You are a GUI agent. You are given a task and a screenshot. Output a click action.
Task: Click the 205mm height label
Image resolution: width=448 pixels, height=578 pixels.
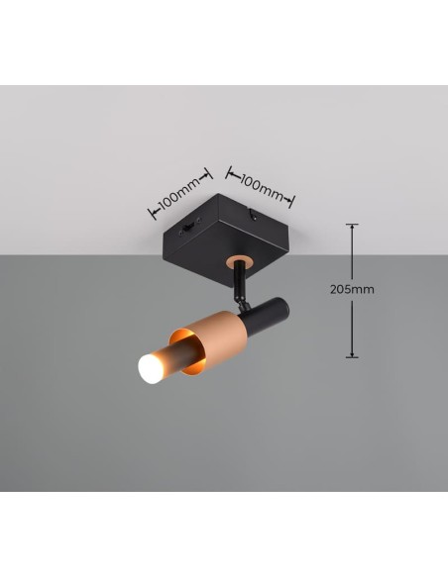(x=352, y=289)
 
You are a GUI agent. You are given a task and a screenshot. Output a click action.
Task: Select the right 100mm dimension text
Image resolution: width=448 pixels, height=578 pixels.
(x=263, y=187)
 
